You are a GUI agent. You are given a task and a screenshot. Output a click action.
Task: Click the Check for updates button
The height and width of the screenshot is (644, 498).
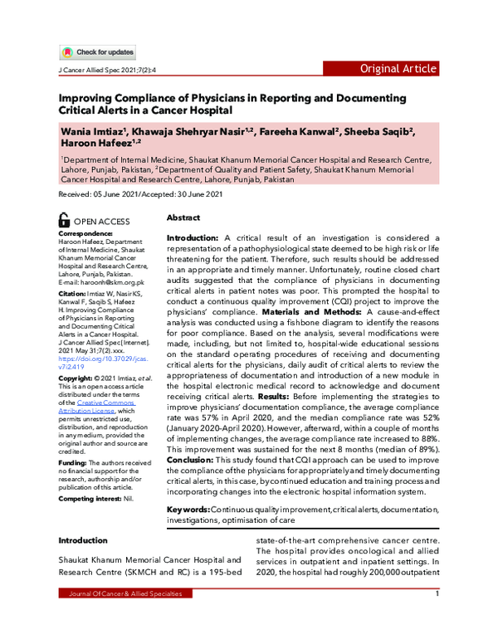98,52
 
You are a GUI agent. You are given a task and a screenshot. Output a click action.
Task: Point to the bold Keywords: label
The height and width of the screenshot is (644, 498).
188,508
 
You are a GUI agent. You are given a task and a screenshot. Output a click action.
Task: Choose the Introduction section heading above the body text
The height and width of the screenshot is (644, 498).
82,540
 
